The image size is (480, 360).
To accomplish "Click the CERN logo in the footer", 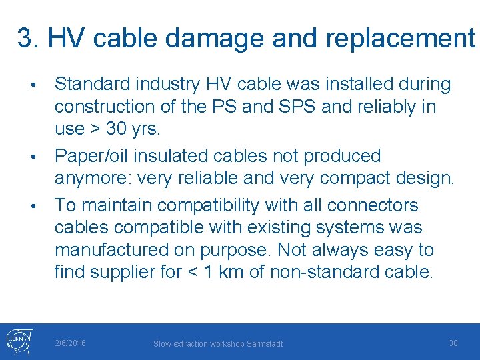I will [16, 340].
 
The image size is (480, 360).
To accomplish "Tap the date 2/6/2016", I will [70, 343].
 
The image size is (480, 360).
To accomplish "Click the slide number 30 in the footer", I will [453, 343].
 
